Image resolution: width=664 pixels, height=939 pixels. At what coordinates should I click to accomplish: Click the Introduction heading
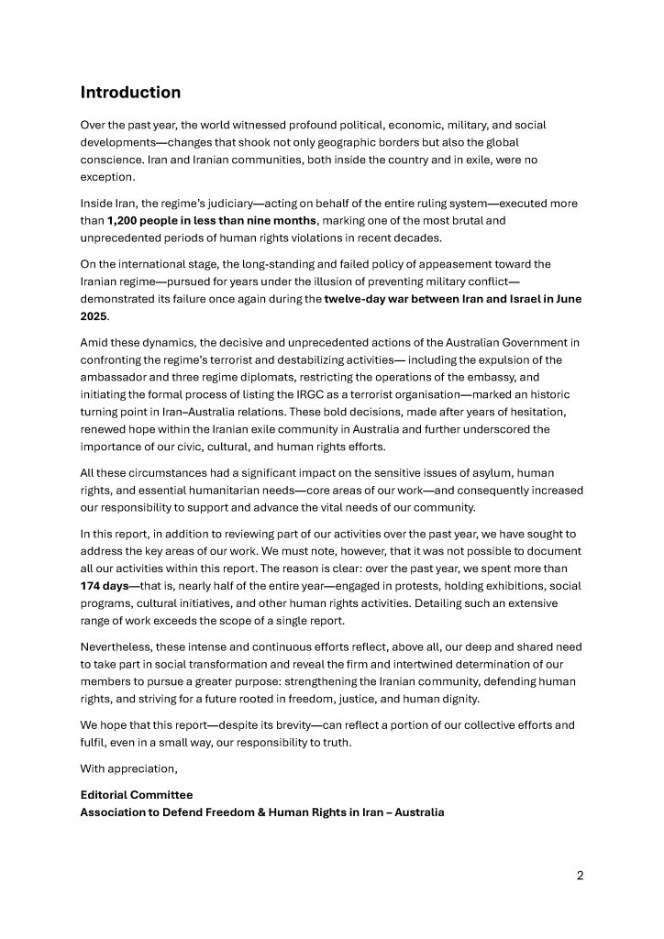pyautogui.click(x=130, y=93)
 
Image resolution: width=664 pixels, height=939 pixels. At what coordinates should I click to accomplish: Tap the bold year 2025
pyautogui.click(x=94, y=315)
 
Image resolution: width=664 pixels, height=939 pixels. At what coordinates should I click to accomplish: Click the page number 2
pyautogui.click(x=580, y=875)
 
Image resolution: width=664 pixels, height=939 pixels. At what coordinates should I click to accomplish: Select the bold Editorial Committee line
pyautogui.click(x=137, y=794)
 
